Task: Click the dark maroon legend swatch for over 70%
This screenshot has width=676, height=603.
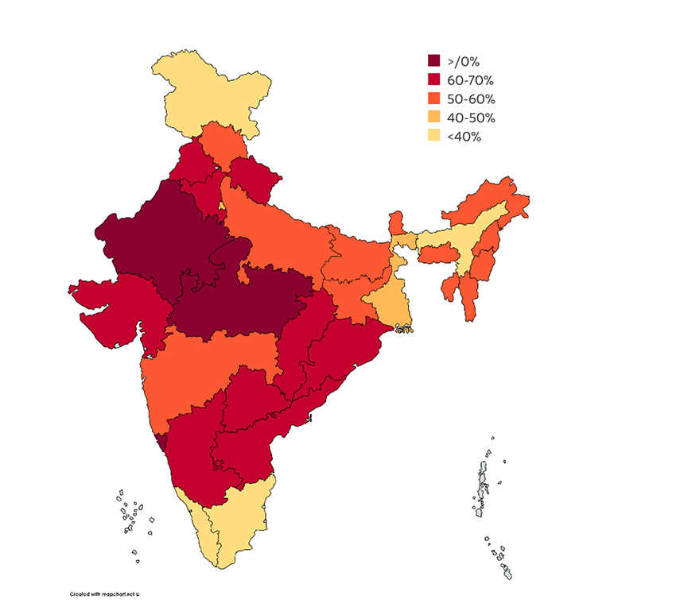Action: pos(434,61)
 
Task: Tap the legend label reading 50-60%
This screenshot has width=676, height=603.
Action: pos(471,99)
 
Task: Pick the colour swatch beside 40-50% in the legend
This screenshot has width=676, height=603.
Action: pos(434,118)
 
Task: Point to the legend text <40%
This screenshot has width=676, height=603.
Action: pos(464,137)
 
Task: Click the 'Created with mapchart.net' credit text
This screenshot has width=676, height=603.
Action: pos(104,593)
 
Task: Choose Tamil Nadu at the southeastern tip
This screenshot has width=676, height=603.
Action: pos(239,524)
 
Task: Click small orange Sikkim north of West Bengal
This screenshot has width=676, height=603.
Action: pos(396,222)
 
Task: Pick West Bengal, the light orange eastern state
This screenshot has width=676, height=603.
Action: pos(386,298)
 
